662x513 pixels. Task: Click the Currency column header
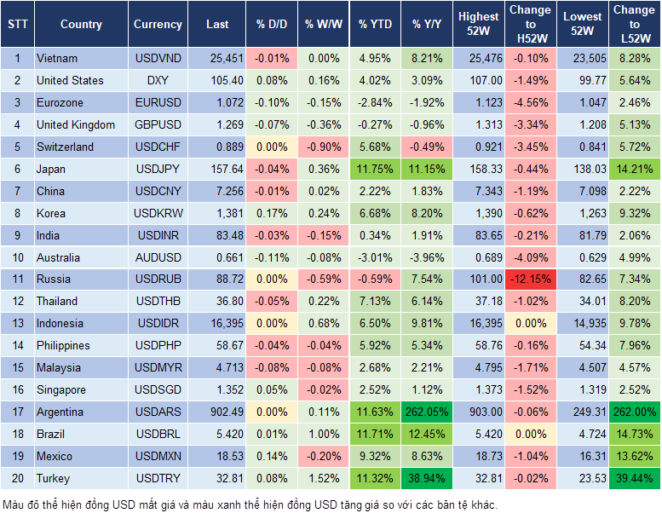click(x=158, y=25)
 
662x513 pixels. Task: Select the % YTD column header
click(x=375, y=25)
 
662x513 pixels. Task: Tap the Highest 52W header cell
click(x=478, y=25)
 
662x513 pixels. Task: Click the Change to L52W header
click(x=634, y=25)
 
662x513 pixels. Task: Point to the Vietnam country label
click(x=57, y=59)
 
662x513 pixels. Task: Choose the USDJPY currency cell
click(x=158, y=169)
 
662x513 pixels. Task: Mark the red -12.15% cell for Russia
click(x=530, y=280)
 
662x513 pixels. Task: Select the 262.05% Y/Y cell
click(x=428, y=412)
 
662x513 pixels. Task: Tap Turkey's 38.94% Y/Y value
click(x=428, y=478)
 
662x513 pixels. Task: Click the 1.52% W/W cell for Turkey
click(x=323, y=478)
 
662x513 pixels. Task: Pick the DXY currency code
click(x=158, y=81)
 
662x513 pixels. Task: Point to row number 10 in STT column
click(x=17, y=257)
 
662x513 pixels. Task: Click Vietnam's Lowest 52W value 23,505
click(x=584, y=59)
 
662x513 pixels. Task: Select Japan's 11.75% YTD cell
click(x=375, y=169)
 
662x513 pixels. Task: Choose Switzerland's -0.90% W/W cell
click(x=323, y=147)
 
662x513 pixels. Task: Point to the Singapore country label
click(x=61, y=390)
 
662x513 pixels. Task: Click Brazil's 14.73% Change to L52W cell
click(x=634, y=434)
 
